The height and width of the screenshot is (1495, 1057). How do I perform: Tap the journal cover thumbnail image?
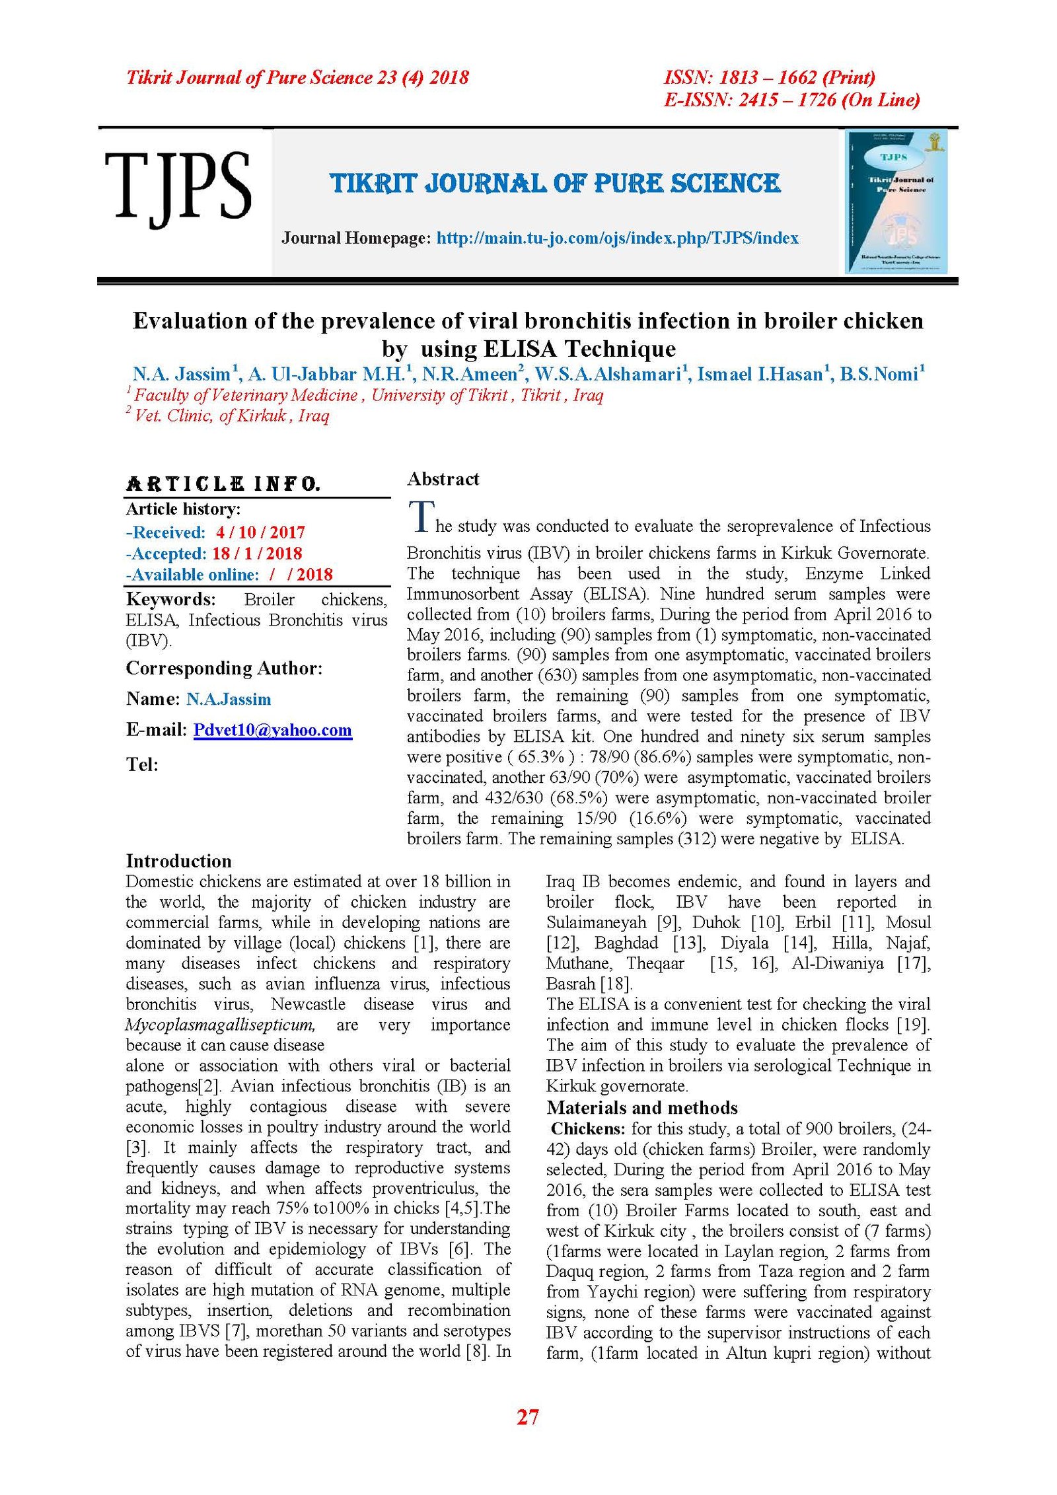click(896, 201)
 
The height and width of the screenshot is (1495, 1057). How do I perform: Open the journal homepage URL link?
click(617, 238)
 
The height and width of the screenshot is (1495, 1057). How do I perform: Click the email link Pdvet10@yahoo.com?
click(272, 730)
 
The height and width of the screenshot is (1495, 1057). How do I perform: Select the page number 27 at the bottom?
click(527, 1416)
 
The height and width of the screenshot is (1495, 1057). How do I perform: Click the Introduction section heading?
click(178, 861)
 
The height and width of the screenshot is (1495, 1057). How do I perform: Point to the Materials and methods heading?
click(641, 1108)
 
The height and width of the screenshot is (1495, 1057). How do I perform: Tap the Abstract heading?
click(443, 479)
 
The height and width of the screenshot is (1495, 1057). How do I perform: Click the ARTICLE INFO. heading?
click(223, 484)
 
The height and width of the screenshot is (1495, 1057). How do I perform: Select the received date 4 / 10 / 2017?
click(260, 532)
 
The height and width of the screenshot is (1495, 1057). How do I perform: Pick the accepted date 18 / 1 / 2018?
click(257, 554)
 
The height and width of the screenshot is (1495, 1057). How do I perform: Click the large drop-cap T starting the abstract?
click(421, 517)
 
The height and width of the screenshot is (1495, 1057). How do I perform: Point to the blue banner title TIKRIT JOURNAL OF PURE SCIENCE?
click(555, 184)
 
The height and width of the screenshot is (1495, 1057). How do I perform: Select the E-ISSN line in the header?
click(791, 100)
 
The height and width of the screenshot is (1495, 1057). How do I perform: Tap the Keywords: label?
click(170, 599)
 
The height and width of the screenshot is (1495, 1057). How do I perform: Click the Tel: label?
click(142, 765)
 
